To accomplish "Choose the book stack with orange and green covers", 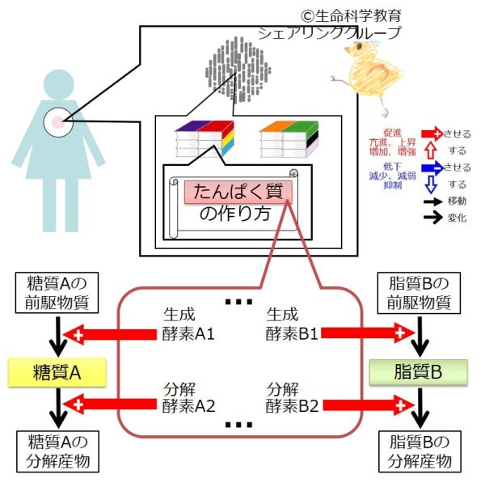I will click(x=289, y=139).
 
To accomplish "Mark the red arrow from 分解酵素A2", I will click(x=113, y=403).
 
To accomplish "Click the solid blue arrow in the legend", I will click(x=432, y=167).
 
